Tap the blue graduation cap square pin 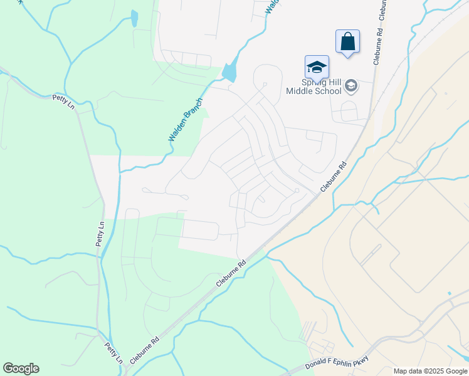coord(317,67)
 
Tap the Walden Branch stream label coord(186,119)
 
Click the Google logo coord(21,368)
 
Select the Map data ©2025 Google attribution coord(430,371)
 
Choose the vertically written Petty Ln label coord(100,233)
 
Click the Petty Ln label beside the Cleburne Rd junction coord(113,352)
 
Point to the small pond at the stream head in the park coord(134,18)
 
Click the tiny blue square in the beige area coord(449,293)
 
